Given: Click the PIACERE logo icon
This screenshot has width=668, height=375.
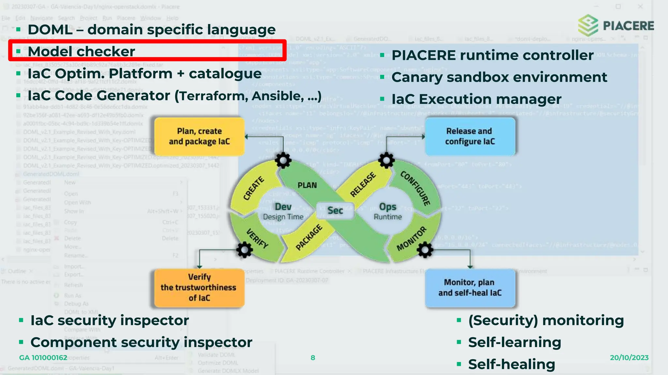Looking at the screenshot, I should [588, 25].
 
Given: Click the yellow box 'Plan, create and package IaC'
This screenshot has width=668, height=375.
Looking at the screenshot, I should [199, 136].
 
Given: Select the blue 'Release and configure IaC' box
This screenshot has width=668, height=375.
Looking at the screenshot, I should [470, 136].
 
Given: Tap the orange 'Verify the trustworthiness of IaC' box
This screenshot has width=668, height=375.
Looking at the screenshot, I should [199, 287].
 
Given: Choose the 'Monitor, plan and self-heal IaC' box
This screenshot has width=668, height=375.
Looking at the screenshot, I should [470, 287].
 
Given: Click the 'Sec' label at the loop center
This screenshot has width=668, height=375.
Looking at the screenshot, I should [335, 211].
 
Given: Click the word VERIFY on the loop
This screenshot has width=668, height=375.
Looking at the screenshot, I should [257, 238].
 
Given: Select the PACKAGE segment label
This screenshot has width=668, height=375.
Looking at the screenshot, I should [309, 237].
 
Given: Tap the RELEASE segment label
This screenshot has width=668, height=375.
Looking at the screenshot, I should [363, 185].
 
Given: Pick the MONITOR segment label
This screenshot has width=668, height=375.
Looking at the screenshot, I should [411, 239].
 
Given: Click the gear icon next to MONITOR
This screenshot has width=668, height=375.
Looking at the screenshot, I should [425, 250].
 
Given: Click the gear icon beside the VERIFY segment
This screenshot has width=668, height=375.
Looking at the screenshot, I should [244, 250].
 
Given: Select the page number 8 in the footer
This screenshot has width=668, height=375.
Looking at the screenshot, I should [313, 358].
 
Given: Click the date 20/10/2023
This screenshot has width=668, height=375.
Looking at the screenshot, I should [629, 358].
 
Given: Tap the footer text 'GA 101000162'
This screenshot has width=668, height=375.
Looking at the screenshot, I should [43, 358].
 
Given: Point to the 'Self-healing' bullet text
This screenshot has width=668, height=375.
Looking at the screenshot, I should [511, 364].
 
